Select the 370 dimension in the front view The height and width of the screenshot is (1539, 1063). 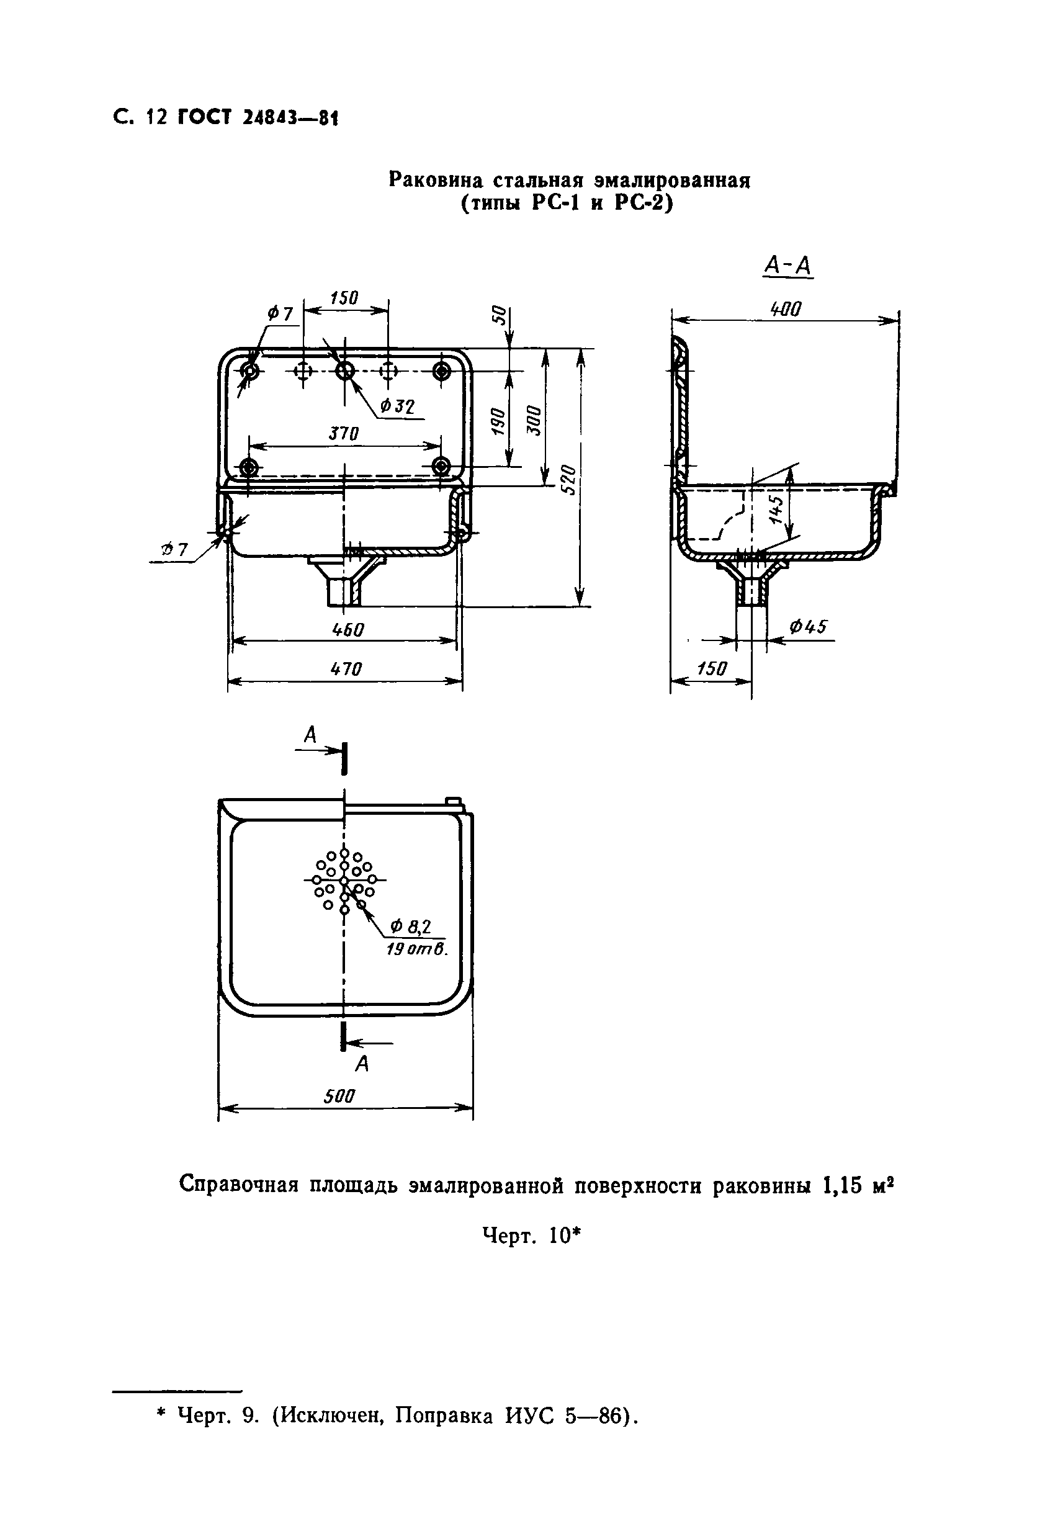pyautogui.click(x=344, y=434)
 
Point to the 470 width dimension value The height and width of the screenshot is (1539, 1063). pyautogui.click(x=346, y=668)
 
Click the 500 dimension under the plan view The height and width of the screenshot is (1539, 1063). pyautogui.click(x=339, y=1095)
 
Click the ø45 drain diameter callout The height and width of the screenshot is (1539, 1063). pyautogui.click(x=808, y=627)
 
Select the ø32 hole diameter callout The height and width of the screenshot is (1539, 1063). pyautogui.click(x=397, y=406)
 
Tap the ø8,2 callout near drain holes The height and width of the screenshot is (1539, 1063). pyautogui.click(x=411, y=927)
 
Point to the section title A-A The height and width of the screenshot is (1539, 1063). pyautogui.click(x=788, y=266)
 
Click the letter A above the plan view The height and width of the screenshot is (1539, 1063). pyautogui.click(x=310, y=735)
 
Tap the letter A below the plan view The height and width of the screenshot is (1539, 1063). pyautogui.click(x=362, y=1064)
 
